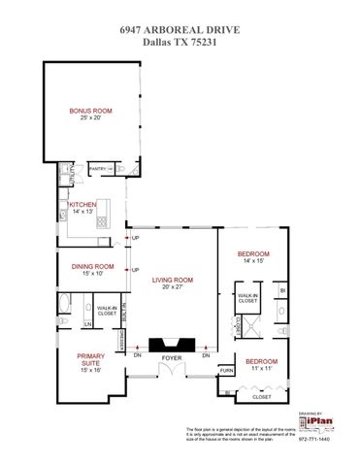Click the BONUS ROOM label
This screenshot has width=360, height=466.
coord(90,112)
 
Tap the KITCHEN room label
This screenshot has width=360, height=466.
coord(82,205)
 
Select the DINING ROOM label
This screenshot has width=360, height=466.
coord(92,266)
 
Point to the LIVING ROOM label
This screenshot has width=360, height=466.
coord(172,280)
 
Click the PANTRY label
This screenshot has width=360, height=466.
coord(97,169)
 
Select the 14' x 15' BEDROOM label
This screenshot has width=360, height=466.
coord(253,253)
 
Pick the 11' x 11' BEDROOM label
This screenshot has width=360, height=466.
coord(260,360)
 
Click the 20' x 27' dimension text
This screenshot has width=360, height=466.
coord(172,287)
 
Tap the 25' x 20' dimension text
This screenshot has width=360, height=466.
coord(90,119)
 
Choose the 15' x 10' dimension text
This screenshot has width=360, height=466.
coord(92,274)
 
